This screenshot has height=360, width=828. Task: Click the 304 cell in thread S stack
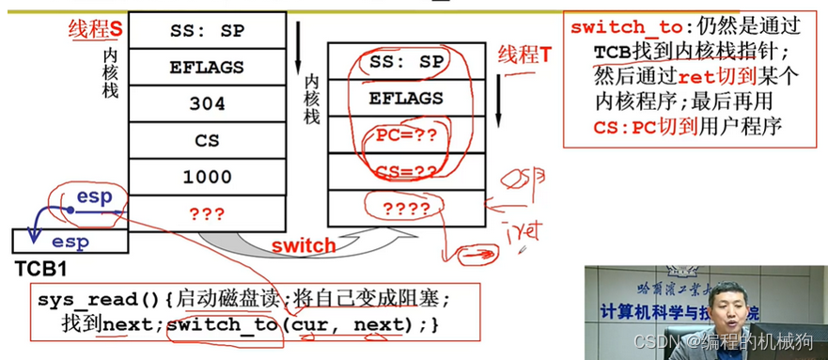(207, 103)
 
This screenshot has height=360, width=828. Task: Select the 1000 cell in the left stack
(207, 177)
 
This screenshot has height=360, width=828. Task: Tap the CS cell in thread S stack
(207, 140)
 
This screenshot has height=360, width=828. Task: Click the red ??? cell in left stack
(207, 212)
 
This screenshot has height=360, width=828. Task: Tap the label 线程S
(96, 28)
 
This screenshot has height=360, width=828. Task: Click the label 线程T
(524, 55)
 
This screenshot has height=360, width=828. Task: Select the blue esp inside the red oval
(94, 199)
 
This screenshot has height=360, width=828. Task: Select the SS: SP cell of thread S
(207, 30)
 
